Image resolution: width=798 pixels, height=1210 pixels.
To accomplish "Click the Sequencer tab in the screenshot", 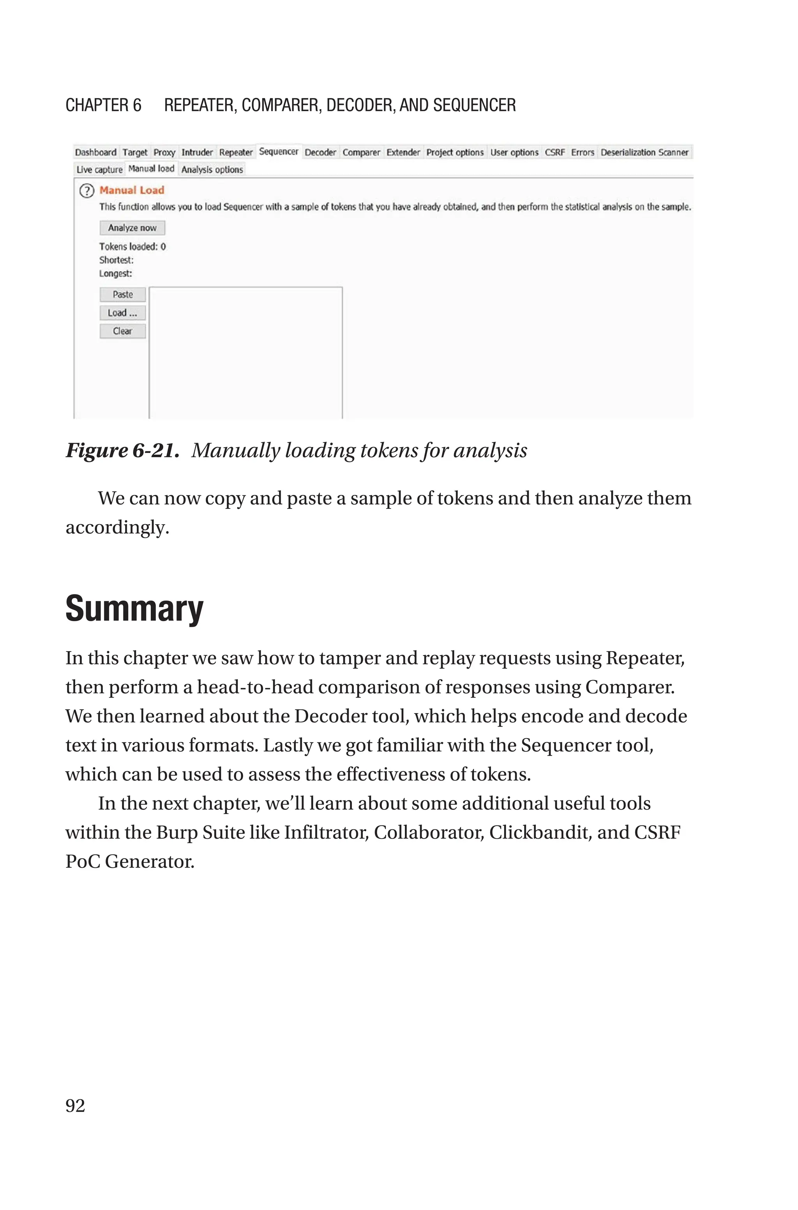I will pos(278,152).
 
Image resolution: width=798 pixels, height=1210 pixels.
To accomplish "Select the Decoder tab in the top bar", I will pos(320,152).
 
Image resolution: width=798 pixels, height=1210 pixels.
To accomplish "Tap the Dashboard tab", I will pos(96,152).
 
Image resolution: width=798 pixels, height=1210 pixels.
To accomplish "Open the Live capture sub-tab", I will pos(99,170).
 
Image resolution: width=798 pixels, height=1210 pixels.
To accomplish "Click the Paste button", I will pos(123,295).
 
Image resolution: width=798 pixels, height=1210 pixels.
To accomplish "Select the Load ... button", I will pos(123,313).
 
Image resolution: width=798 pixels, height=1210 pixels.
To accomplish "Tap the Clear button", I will pos(123,331).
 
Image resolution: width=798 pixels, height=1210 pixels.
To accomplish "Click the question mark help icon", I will pos(87,191).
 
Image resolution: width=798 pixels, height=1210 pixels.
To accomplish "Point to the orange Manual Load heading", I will pos(132,190).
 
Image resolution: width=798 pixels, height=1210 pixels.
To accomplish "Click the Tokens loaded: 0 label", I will pos(132,247).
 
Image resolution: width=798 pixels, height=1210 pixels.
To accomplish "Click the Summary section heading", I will pos(134,609).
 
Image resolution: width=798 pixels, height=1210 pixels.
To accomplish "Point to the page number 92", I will pos(75,1106).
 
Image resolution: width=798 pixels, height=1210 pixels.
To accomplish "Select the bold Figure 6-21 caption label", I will pos(122,451).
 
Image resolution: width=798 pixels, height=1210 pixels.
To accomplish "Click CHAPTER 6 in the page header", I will pos(103,105).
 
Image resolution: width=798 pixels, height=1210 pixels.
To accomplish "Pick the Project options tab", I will pos(454,152).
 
